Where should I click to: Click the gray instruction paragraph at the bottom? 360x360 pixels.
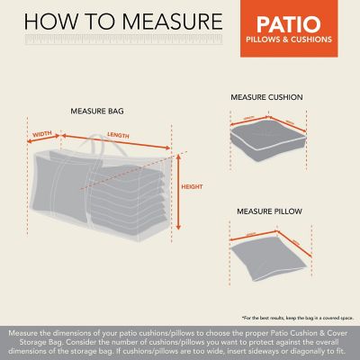(x=180, y=342)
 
